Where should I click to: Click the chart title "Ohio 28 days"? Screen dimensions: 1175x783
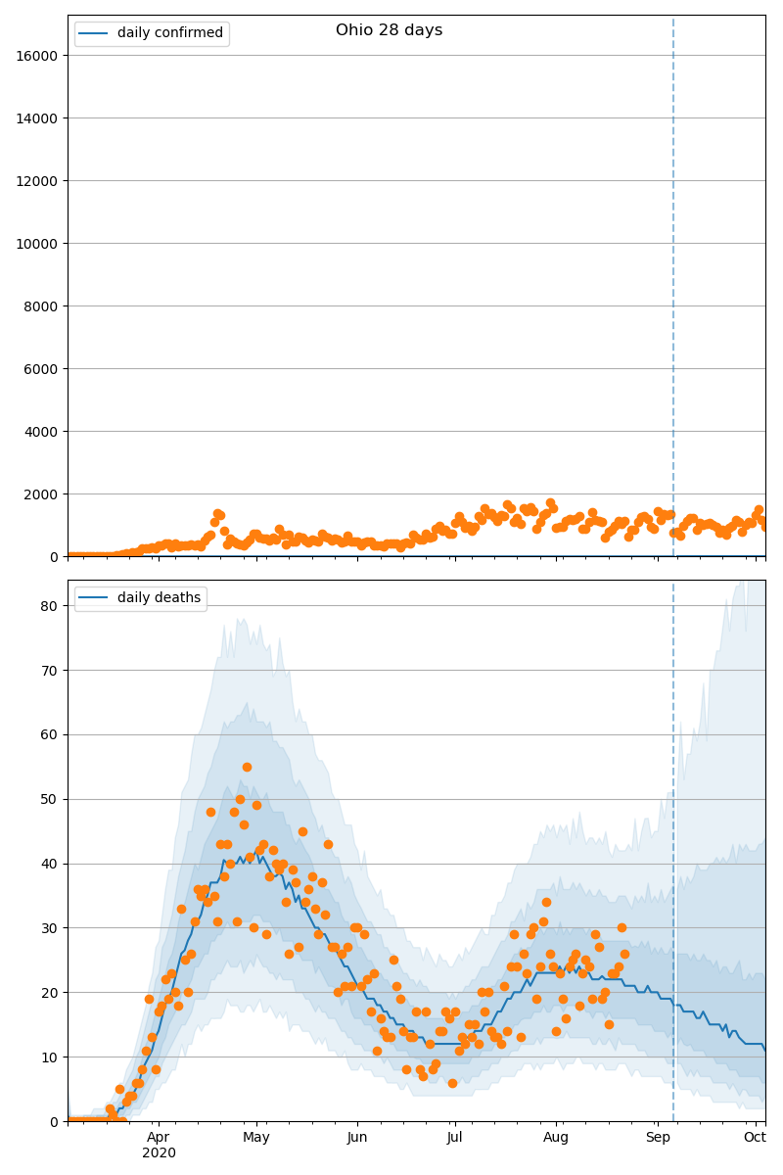389,30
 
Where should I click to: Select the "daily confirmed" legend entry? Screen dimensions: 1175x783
169,33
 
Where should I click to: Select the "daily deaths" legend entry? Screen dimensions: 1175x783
159,598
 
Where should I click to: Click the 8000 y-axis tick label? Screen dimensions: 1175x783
42,306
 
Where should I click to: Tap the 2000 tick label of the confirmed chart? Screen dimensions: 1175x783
42,494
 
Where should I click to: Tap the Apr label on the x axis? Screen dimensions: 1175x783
158,1137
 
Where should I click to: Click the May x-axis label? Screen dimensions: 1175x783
256,1137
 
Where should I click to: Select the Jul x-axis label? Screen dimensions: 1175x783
454,1137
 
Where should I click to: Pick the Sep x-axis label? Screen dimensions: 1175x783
657,1137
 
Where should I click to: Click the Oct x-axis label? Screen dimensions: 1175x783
754,1137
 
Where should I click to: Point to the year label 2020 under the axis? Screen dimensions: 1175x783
159,1153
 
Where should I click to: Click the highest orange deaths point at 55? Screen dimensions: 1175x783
247,767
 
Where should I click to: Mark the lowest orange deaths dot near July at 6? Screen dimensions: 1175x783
452,1083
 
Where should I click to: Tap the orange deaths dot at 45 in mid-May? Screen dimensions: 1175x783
302,831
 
